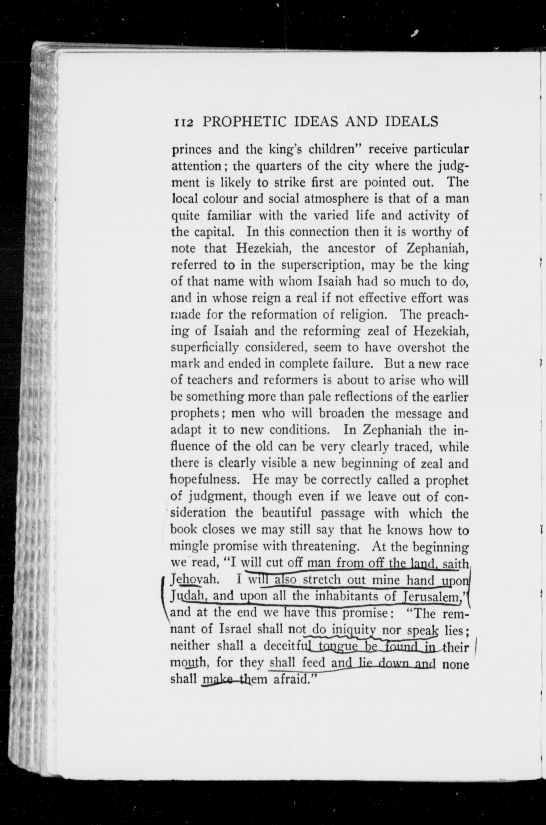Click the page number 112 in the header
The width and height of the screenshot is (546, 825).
tap(183, 123)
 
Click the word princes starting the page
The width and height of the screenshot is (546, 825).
tap(191, 150)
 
